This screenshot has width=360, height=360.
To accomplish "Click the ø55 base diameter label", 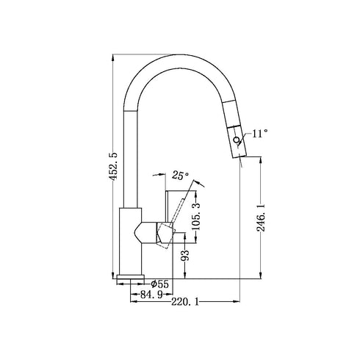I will click(159, 284).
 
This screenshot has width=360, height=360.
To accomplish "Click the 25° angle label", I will click(180, 176).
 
